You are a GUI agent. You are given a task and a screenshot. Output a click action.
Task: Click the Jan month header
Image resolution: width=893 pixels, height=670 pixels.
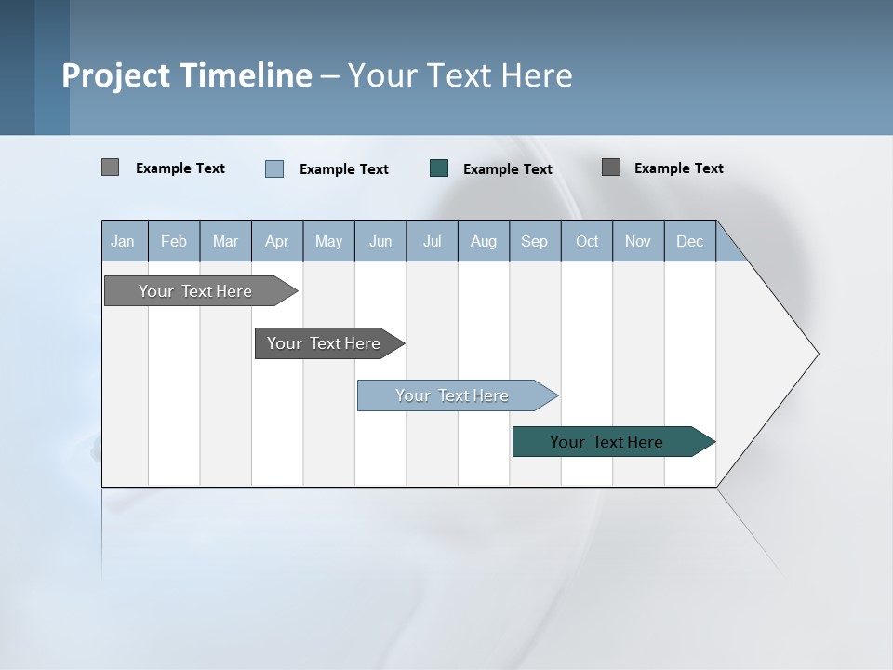click(x=123, y=242)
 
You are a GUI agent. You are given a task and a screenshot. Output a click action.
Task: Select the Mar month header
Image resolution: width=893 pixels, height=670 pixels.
click(x=225, y=242)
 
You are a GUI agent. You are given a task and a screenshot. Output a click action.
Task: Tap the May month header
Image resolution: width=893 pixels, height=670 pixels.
click(x=328, y=242)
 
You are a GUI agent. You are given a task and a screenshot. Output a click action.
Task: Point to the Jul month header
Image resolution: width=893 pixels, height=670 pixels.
click(x=432, y=242)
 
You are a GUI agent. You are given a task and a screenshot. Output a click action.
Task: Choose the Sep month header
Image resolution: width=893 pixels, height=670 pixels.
click(x=534, y=242)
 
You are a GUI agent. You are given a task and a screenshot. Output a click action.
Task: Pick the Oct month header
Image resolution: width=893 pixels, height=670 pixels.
click(x=587, y=242)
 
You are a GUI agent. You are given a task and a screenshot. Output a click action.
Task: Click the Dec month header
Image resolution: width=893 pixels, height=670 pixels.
click(x=689, y=242)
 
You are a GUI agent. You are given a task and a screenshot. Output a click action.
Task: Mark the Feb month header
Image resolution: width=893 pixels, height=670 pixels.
click(x=174, y=242)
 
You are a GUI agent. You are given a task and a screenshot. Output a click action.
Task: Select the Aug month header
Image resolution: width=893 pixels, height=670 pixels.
click(x=483, y=242)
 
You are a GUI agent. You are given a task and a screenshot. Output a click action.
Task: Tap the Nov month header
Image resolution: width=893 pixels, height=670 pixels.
click(x=638, y=242)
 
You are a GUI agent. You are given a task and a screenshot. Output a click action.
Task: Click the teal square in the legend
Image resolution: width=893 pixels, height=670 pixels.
click(x=439, y=168)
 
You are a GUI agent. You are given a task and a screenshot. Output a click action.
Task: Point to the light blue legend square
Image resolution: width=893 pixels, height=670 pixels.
click(x=274, y=168)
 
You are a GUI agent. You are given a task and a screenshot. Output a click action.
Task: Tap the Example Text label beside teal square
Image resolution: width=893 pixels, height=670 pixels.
click(x=507, y=169)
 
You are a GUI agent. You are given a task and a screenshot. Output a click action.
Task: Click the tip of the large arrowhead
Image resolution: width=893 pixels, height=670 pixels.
click(x=817, y=354)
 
